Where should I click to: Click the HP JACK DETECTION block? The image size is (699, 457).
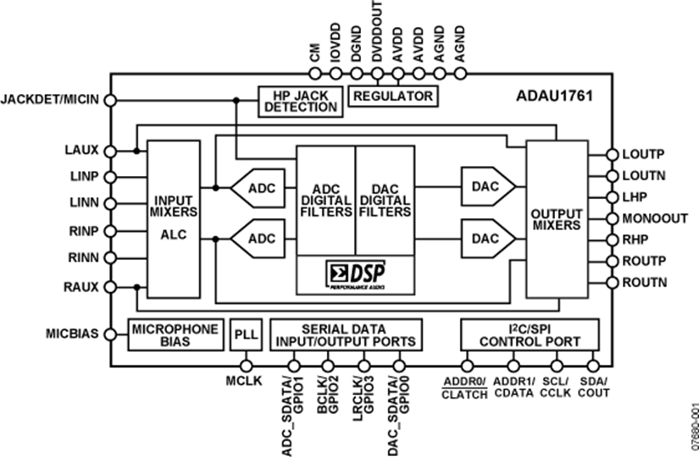[300, 102]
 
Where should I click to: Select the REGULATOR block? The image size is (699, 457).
[392, 95]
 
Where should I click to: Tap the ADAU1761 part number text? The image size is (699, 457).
[554, 96]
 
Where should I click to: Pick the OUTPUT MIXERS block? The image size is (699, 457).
[557, 217]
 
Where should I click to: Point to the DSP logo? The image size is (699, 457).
[355, 275]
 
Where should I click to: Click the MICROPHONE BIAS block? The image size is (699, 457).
[173, 334]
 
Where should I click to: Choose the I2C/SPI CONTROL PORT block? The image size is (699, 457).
[530, 334]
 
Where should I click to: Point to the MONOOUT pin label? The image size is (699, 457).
[655, 217]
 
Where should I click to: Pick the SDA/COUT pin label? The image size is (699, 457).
[591, 388]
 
